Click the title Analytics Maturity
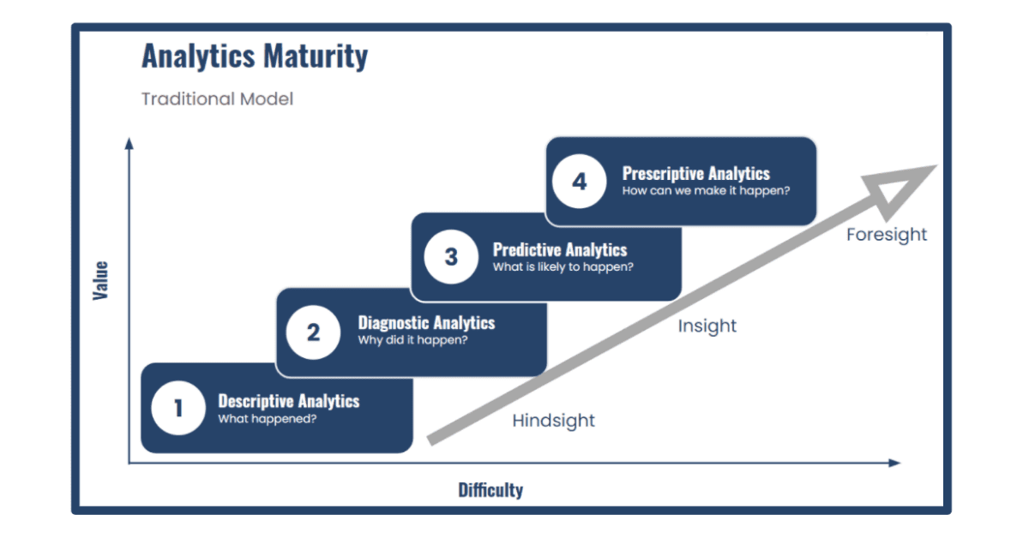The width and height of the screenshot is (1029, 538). tap(255, 57)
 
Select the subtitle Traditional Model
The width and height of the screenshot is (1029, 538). tap(217, 99)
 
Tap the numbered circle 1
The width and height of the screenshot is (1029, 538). tap(178, 409)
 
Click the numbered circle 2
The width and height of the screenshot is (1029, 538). tap(313, 332)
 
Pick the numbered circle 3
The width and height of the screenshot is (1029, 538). tap(451, 257)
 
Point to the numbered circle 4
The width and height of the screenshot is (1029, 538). tap(580, 182)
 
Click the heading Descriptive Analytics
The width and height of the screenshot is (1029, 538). tap(289, 401)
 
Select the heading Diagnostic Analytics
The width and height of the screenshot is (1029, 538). tap(426, 323)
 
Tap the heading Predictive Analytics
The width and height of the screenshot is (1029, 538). tap(559, 250)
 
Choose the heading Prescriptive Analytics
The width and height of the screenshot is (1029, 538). tap(695, 173)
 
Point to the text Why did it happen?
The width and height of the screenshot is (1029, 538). tap(412, 341)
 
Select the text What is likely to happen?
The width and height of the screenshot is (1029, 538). tap(563, 267)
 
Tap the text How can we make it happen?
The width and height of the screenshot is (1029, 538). tap(706, 191)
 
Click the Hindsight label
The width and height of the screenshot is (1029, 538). tap(553, 421)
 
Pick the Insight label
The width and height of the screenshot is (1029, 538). tap(707, 326)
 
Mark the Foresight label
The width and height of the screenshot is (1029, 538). tap(887, 235)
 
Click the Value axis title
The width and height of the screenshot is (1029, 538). tap(101, 280)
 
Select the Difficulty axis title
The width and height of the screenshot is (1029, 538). tap(490, 490)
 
